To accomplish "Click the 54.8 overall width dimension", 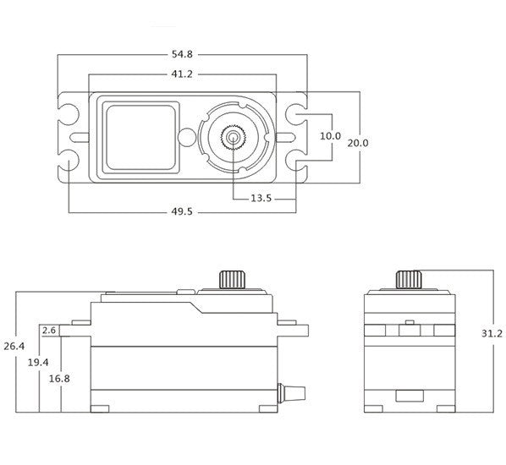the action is (182, 54).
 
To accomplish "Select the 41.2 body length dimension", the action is (182, 74).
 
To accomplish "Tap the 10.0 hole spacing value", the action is (330, 136).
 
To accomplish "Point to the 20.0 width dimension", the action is (358, 143).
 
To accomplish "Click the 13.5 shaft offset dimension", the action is (261, 199).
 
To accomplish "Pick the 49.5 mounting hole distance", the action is (182, 211).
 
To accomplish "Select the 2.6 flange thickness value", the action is (49, 331).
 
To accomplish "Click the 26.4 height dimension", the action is (14, 347).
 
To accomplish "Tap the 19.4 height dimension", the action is (38, 363).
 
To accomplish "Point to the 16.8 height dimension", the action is (59, 379).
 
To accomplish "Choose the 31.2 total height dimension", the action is (492, 333).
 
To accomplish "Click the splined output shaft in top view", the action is (232, 137).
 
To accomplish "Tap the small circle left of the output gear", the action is (187, 137).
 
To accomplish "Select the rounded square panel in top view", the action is (141, 137).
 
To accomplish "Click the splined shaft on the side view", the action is (233, 280).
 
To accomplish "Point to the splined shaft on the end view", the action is (410, 280).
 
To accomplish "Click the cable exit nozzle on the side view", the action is (291, 393).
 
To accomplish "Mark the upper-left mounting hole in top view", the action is (69, 114).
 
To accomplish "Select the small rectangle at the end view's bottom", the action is (410, 396).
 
